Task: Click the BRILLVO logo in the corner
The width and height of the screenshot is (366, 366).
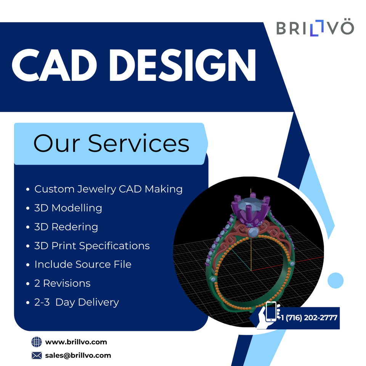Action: [x=315, y=28]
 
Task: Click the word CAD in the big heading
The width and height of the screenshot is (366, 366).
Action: [x=54, y=65]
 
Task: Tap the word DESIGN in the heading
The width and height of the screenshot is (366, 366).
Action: [x=183, y=65]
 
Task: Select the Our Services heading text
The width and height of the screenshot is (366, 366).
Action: [x=111, y=143]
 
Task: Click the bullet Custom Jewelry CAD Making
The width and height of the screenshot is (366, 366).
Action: [x=108, y=189]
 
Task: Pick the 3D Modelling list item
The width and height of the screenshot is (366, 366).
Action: [x=68, y=208]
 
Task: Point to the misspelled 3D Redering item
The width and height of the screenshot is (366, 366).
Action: [x=66, y=227]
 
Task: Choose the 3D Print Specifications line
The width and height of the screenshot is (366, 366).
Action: [x=92, y=246]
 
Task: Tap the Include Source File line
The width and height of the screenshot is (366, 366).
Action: [x=83, y=265]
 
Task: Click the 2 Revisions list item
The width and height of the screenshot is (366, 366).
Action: [x=62, y=283]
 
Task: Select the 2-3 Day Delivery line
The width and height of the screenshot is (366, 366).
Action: [x=77, y=302]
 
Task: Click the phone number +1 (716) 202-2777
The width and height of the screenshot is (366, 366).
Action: [x=307, y=318]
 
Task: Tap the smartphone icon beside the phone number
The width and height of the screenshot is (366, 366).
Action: [x=271, y=311]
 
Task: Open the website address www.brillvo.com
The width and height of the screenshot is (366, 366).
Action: [x=76, y=342]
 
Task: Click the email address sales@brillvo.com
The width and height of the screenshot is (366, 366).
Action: [x=78, y=355]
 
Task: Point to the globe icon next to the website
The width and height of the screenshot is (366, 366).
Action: [x=37, y=342]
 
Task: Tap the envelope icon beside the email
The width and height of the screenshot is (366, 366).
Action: [x=37, y=355]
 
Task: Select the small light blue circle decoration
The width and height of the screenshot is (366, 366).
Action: [x=335, y=280]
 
